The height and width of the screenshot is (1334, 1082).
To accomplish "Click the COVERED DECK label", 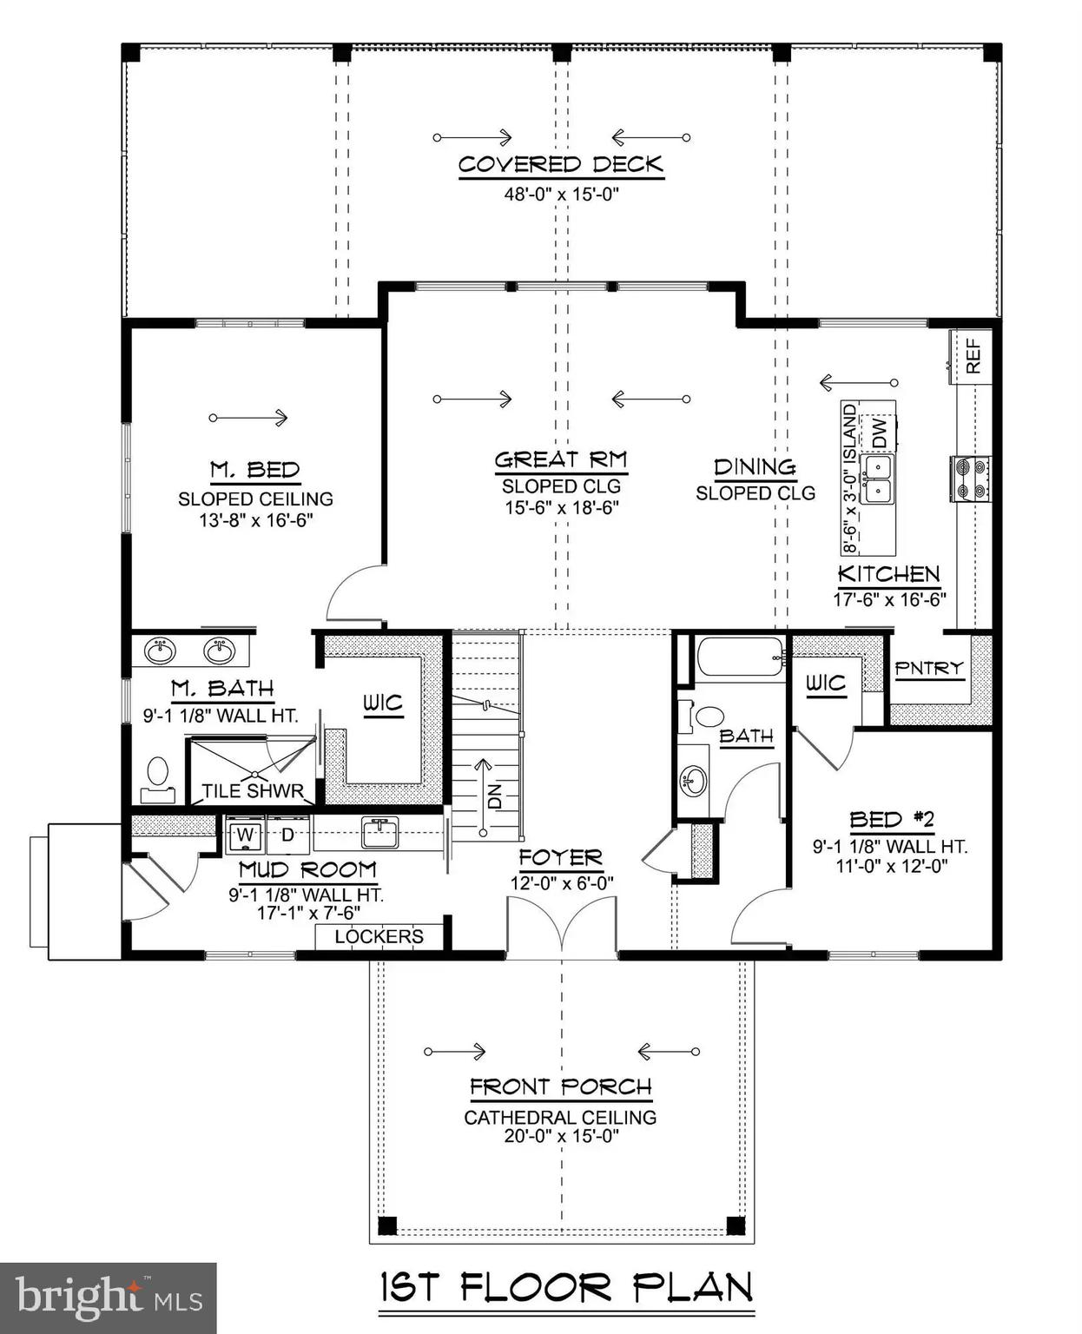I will click(560, 165).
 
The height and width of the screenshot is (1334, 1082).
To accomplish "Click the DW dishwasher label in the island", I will click(878, 433).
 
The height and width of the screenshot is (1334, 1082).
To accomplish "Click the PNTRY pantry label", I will click(928, 668).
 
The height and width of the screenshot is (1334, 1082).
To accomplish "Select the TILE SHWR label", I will click(253, 790).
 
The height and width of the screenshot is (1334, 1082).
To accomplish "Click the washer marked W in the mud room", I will click(246, 835).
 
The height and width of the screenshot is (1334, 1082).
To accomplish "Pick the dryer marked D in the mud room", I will click(288, 835).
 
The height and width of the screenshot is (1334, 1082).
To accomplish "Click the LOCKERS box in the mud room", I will click(379, 936).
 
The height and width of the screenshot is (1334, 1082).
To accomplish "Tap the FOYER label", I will click(560, 858).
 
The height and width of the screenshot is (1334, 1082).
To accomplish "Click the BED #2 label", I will click(890, 819).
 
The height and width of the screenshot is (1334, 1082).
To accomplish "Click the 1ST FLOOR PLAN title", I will click(566, 1287).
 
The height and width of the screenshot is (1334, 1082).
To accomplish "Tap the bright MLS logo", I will click(109, 1298).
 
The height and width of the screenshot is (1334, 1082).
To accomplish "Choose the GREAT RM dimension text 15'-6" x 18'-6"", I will click(560, 507).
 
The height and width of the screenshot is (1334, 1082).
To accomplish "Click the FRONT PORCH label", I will click(560, 1086).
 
